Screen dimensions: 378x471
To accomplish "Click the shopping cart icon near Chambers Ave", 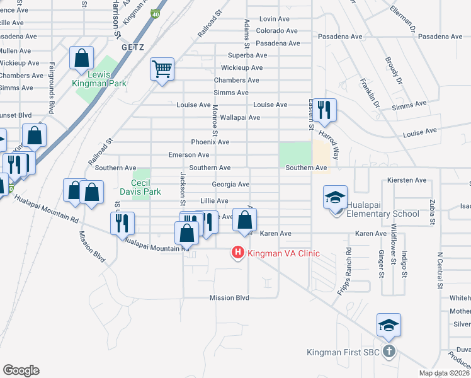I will point(162,69).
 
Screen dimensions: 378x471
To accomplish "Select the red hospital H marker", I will point(238,253).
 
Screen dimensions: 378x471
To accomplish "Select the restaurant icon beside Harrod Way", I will point(325,110).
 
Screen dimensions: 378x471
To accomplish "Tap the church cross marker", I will point(389,351).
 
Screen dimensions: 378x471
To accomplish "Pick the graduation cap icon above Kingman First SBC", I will point(389,325).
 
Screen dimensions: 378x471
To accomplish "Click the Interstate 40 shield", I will point(155,14).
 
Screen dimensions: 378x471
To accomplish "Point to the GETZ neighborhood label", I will point(132,47).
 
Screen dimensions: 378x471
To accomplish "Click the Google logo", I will point(21,370).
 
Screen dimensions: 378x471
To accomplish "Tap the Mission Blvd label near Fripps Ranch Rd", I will point(229,298).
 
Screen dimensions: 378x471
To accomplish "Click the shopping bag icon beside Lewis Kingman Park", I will point(82,59).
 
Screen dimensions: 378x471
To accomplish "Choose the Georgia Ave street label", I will point(230,185).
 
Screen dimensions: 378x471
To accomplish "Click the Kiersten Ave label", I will point(407,180).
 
